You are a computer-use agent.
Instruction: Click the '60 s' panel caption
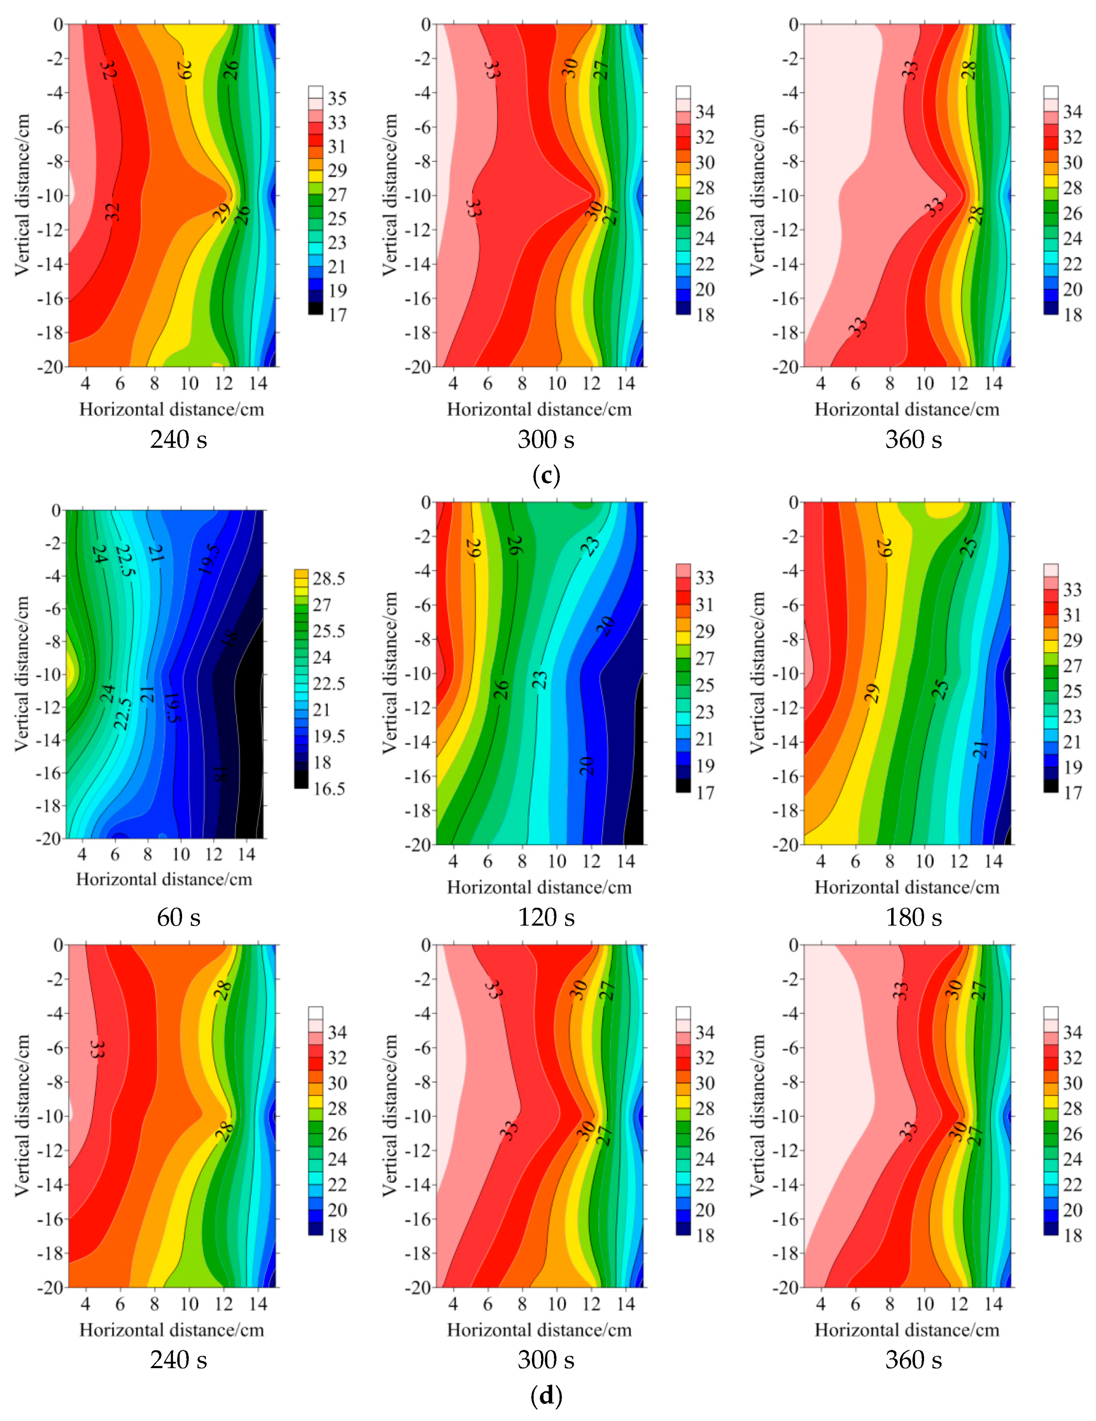tap(178, 917)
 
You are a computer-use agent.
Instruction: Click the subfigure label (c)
tap(546, 476)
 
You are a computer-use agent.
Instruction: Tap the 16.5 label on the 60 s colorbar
tap(329, 789)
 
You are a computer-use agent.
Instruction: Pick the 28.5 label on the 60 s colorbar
tap(329, 579)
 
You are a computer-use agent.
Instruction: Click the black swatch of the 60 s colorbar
tap(301, 779)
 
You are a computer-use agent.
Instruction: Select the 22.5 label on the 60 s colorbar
tap(329, 684)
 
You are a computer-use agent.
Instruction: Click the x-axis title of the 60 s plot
tap(164, 880)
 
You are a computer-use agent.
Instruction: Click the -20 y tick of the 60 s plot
tap(51, 838)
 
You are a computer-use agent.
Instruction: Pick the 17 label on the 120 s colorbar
tap(705, 793)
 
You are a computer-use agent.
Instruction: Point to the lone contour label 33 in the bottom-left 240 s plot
tap(96, 1048)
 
